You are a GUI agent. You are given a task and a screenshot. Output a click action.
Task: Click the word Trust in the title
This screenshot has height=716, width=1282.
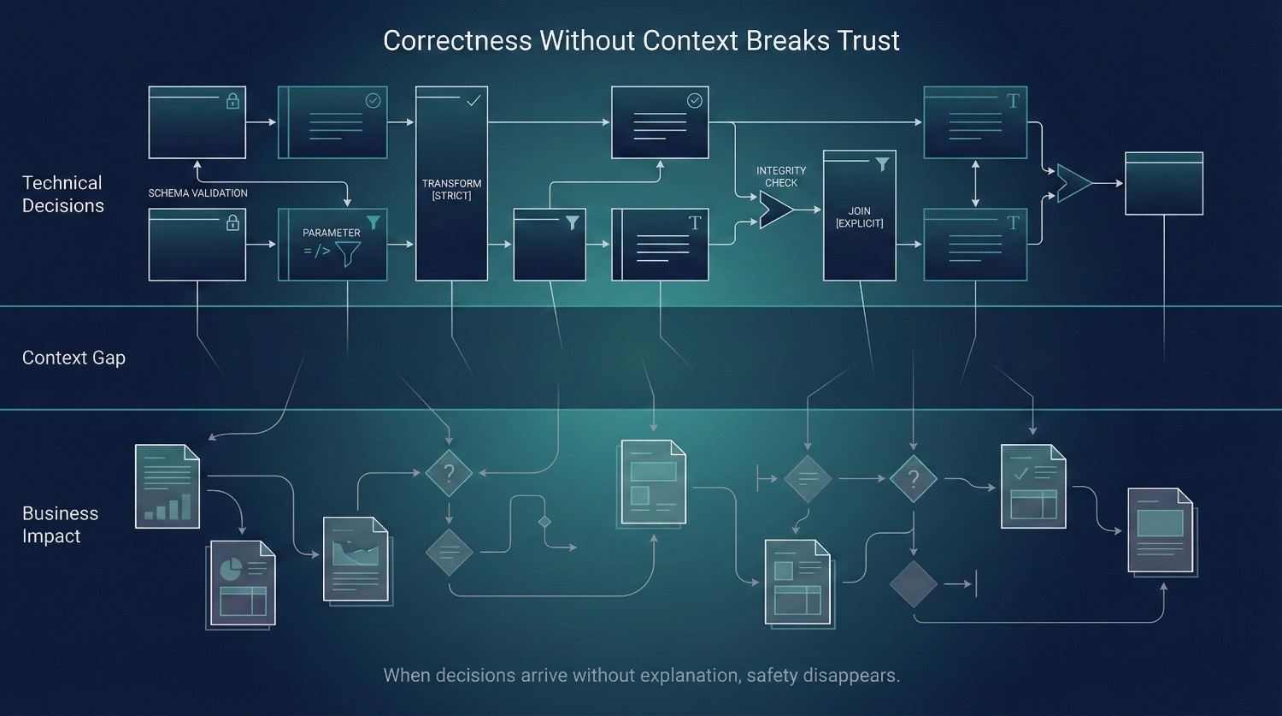862,41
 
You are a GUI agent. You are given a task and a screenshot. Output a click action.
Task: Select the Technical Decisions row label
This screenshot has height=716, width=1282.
63,194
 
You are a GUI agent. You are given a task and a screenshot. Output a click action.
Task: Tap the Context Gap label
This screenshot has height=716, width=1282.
74,358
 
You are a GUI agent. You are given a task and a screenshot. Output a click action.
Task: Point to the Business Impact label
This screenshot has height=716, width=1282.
60,524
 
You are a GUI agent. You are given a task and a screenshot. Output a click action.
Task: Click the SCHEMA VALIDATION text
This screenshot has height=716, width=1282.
197,193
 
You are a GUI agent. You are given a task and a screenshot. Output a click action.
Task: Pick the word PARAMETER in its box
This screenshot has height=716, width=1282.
332,233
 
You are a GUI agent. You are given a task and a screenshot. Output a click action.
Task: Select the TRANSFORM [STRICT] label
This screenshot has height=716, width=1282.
451,189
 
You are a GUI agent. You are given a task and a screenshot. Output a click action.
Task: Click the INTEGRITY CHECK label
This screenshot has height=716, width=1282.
780,176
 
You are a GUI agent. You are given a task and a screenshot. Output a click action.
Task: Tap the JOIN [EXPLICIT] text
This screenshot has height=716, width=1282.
859,216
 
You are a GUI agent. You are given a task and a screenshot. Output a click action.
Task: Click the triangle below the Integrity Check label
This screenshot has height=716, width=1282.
775,210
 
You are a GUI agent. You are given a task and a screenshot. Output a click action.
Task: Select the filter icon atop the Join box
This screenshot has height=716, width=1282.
882,164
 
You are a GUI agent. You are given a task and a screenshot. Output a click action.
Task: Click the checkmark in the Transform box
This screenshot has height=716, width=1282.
473,101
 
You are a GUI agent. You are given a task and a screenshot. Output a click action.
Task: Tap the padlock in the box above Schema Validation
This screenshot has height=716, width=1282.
232,102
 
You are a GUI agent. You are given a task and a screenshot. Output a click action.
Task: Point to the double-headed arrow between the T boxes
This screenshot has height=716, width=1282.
975,183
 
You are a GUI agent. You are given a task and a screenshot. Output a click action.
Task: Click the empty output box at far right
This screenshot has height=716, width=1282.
1163,183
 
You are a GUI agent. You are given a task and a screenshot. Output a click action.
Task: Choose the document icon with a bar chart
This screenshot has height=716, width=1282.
168,486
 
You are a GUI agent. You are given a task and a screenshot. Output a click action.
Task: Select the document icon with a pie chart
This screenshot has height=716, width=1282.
242,584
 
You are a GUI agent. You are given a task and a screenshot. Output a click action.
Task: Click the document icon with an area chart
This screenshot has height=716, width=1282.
356,559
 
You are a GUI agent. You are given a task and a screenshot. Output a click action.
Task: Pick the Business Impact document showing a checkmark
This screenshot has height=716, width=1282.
1033,486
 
